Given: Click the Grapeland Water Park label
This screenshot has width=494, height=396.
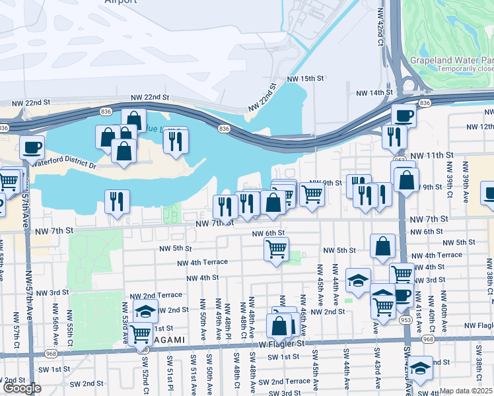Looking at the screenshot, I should (x=451, y=59).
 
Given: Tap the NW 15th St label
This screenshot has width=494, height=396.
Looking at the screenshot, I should (x=306, y=79).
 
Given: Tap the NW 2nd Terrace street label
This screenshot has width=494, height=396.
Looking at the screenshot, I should (x=156, y=295).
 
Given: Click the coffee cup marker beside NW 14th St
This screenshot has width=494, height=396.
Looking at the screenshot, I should (x=404, y=116).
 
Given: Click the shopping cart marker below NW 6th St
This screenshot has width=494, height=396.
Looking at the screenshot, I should (x=276, y=249).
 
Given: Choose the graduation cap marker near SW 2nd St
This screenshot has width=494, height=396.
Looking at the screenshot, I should (x=419, y=368).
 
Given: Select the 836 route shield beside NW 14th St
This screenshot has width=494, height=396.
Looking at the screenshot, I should (x=425, y=104).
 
